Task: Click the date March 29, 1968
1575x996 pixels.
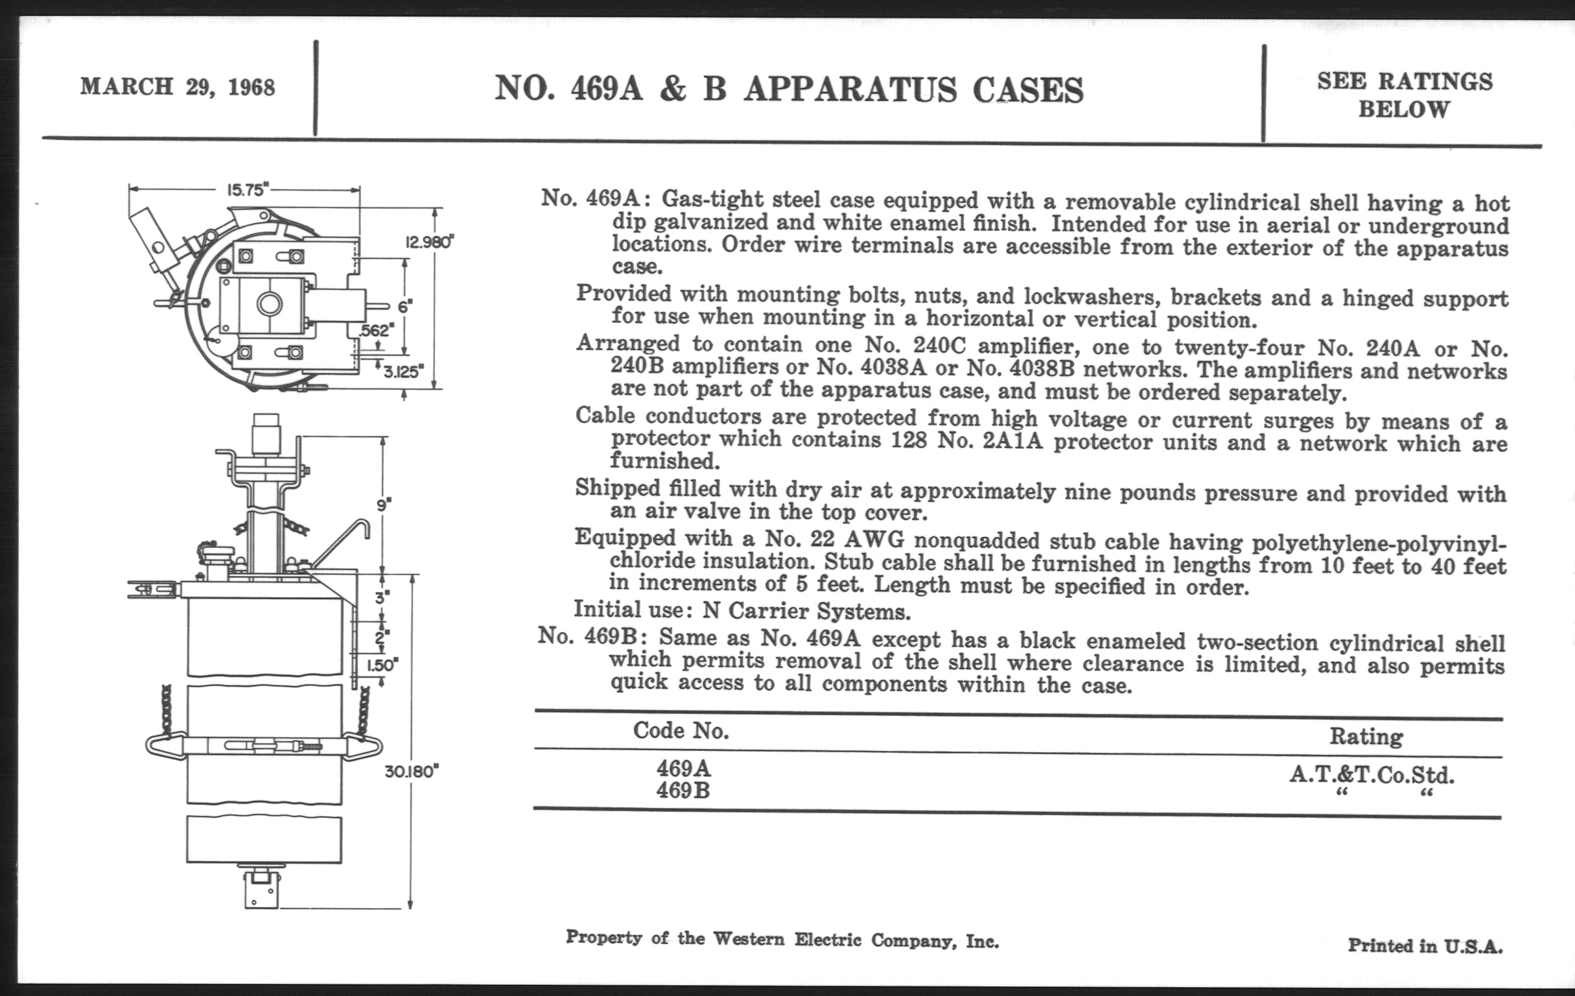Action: pos(177,87)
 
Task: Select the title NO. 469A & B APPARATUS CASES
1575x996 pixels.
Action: pos(788,89)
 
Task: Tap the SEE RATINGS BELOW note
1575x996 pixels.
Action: pos(1405,95)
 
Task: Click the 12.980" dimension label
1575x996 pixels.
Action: pos(429,242)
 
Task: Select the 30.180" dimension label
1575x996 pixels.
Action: pos(411,772)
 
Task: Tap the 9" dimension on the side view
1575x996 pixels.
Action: pos(383,504)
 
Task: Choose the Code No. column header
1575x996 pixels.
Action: pos(681,730)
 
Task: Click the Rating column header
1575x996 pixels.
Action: pos(1366,736)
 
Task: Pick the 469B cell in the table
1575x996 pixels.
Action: pos(684,790)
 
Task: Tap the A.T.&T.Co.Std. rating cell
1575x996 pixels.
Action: pos(1372,775)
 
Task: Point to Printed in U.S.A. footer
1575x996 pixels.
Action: pos(1425,945)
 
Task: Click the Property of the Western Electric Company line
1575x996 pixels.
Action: pos(782,939)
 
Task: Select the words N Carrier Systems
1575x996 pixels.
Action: pos(806,612)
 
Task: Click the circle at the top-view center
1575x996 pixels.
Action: pos(269,303)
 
